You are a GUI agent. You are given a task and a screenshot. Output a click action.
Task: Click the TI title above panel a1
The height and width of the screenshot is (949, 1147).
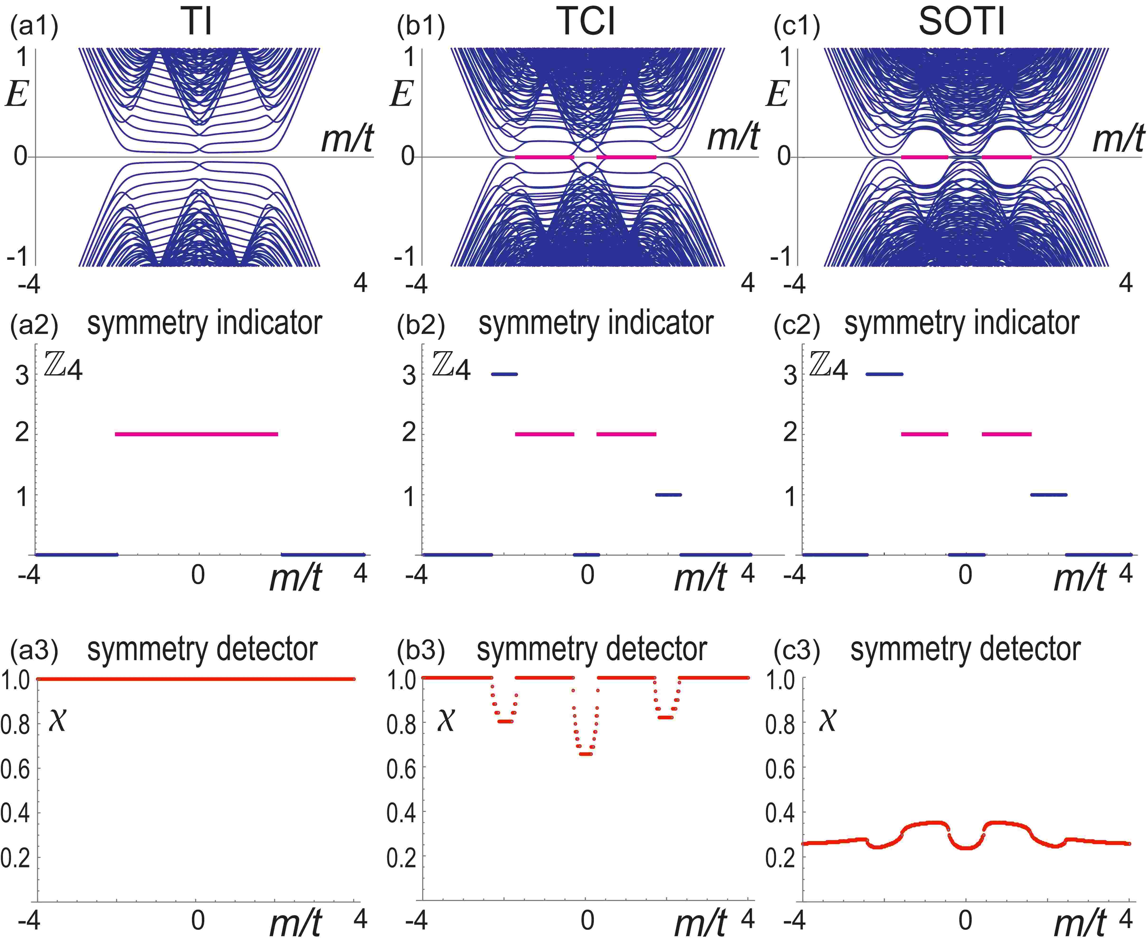[x=197, y=23]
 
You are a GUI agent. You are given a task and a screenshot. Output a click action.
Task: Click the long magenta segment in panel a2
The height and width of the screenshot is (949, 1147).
[x=197, y=434]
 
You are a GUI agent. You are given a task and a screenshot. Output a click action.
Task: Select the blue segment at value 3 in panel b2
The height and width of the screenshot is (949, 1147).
[x=504, y=374]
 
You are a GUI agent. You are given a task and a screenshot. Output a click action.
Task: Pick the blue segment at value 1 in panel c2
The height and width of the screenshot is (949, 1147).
[x=1048, y=495]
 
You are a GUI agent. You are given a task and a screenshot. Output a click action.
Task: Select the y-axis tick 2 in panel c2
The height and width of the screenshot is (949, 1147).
[x=790, y=433]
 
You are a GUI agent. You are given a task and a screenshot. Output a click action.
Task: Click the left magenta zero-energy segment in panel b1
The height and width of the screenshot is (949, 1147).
[x=545, y=157]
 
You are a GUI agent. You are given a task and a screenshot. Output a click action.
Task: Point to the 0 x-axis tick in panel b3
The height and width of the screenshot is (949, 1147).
[x=587, y=920]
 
